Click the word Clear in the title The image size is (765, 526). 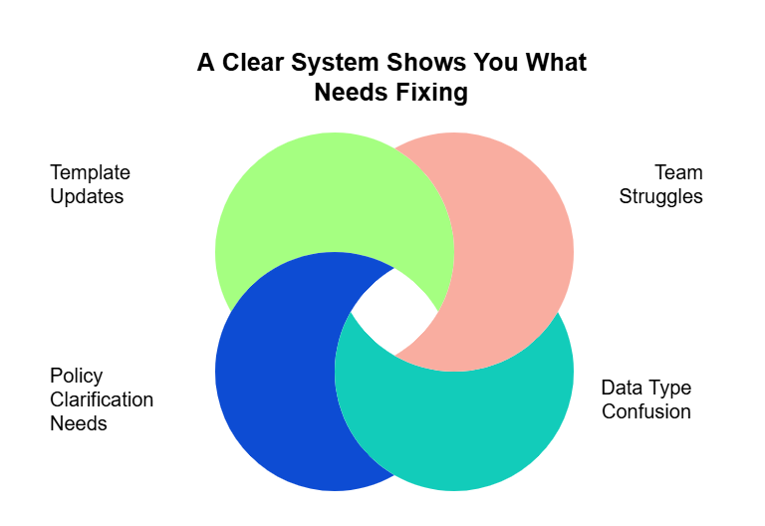(x=253, y=63)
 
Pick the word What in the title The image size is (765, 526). (x=556, y=63)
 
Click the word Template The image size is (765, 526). (x=90, y=172)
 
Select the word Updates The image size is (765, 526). (x=87, y=196)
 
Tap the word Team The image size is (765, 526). (x=678, y=172)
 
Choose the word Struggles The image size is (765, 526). (x=660, y=196)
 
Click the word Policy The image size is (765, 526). (x=77, y=376)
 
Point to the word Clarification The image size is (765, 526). (x=102, y=399)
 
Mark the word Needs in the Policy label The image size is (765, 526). (x=79, y=423)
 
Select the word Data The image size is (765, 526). (x=623, y=388)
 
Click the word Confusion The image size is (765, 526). (x=645, y=411)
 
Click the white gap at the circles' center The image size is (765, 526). (x=393, y=314)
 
